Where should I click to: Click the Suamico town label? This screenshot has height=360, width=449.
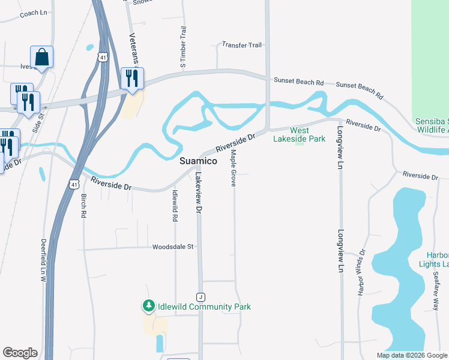(x=199, y=161)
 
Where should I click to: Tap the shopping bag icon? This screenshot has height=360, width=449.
(x=41, y=58)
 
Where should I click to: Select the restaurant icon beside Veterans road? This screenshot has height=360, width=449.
(x=131, y=79)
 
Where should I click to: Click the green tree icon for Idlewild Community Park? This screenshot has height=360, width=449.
(x=148, y=306)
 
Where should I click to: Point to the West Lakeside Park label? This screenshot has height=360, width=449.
(x=299, y=134)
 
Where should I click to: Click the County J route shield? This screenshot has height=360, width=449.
(x=200, y=297)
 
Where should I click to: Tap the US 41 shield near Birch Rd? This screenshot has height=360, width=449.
(x=73, y=183)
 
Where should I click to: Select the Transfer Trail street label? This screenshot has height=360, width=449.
(x=242, y=45)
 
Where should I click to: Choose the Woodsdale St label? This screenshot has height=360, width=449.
(x=173, y=247)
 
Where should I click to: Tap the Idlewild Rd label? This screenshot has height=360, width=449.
(x=175, y=206)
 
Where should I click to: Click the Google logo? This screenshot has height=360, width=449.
(x=20, y=353)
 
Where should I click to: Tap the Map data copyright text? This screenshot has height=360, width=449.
(x=411, y=355)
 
